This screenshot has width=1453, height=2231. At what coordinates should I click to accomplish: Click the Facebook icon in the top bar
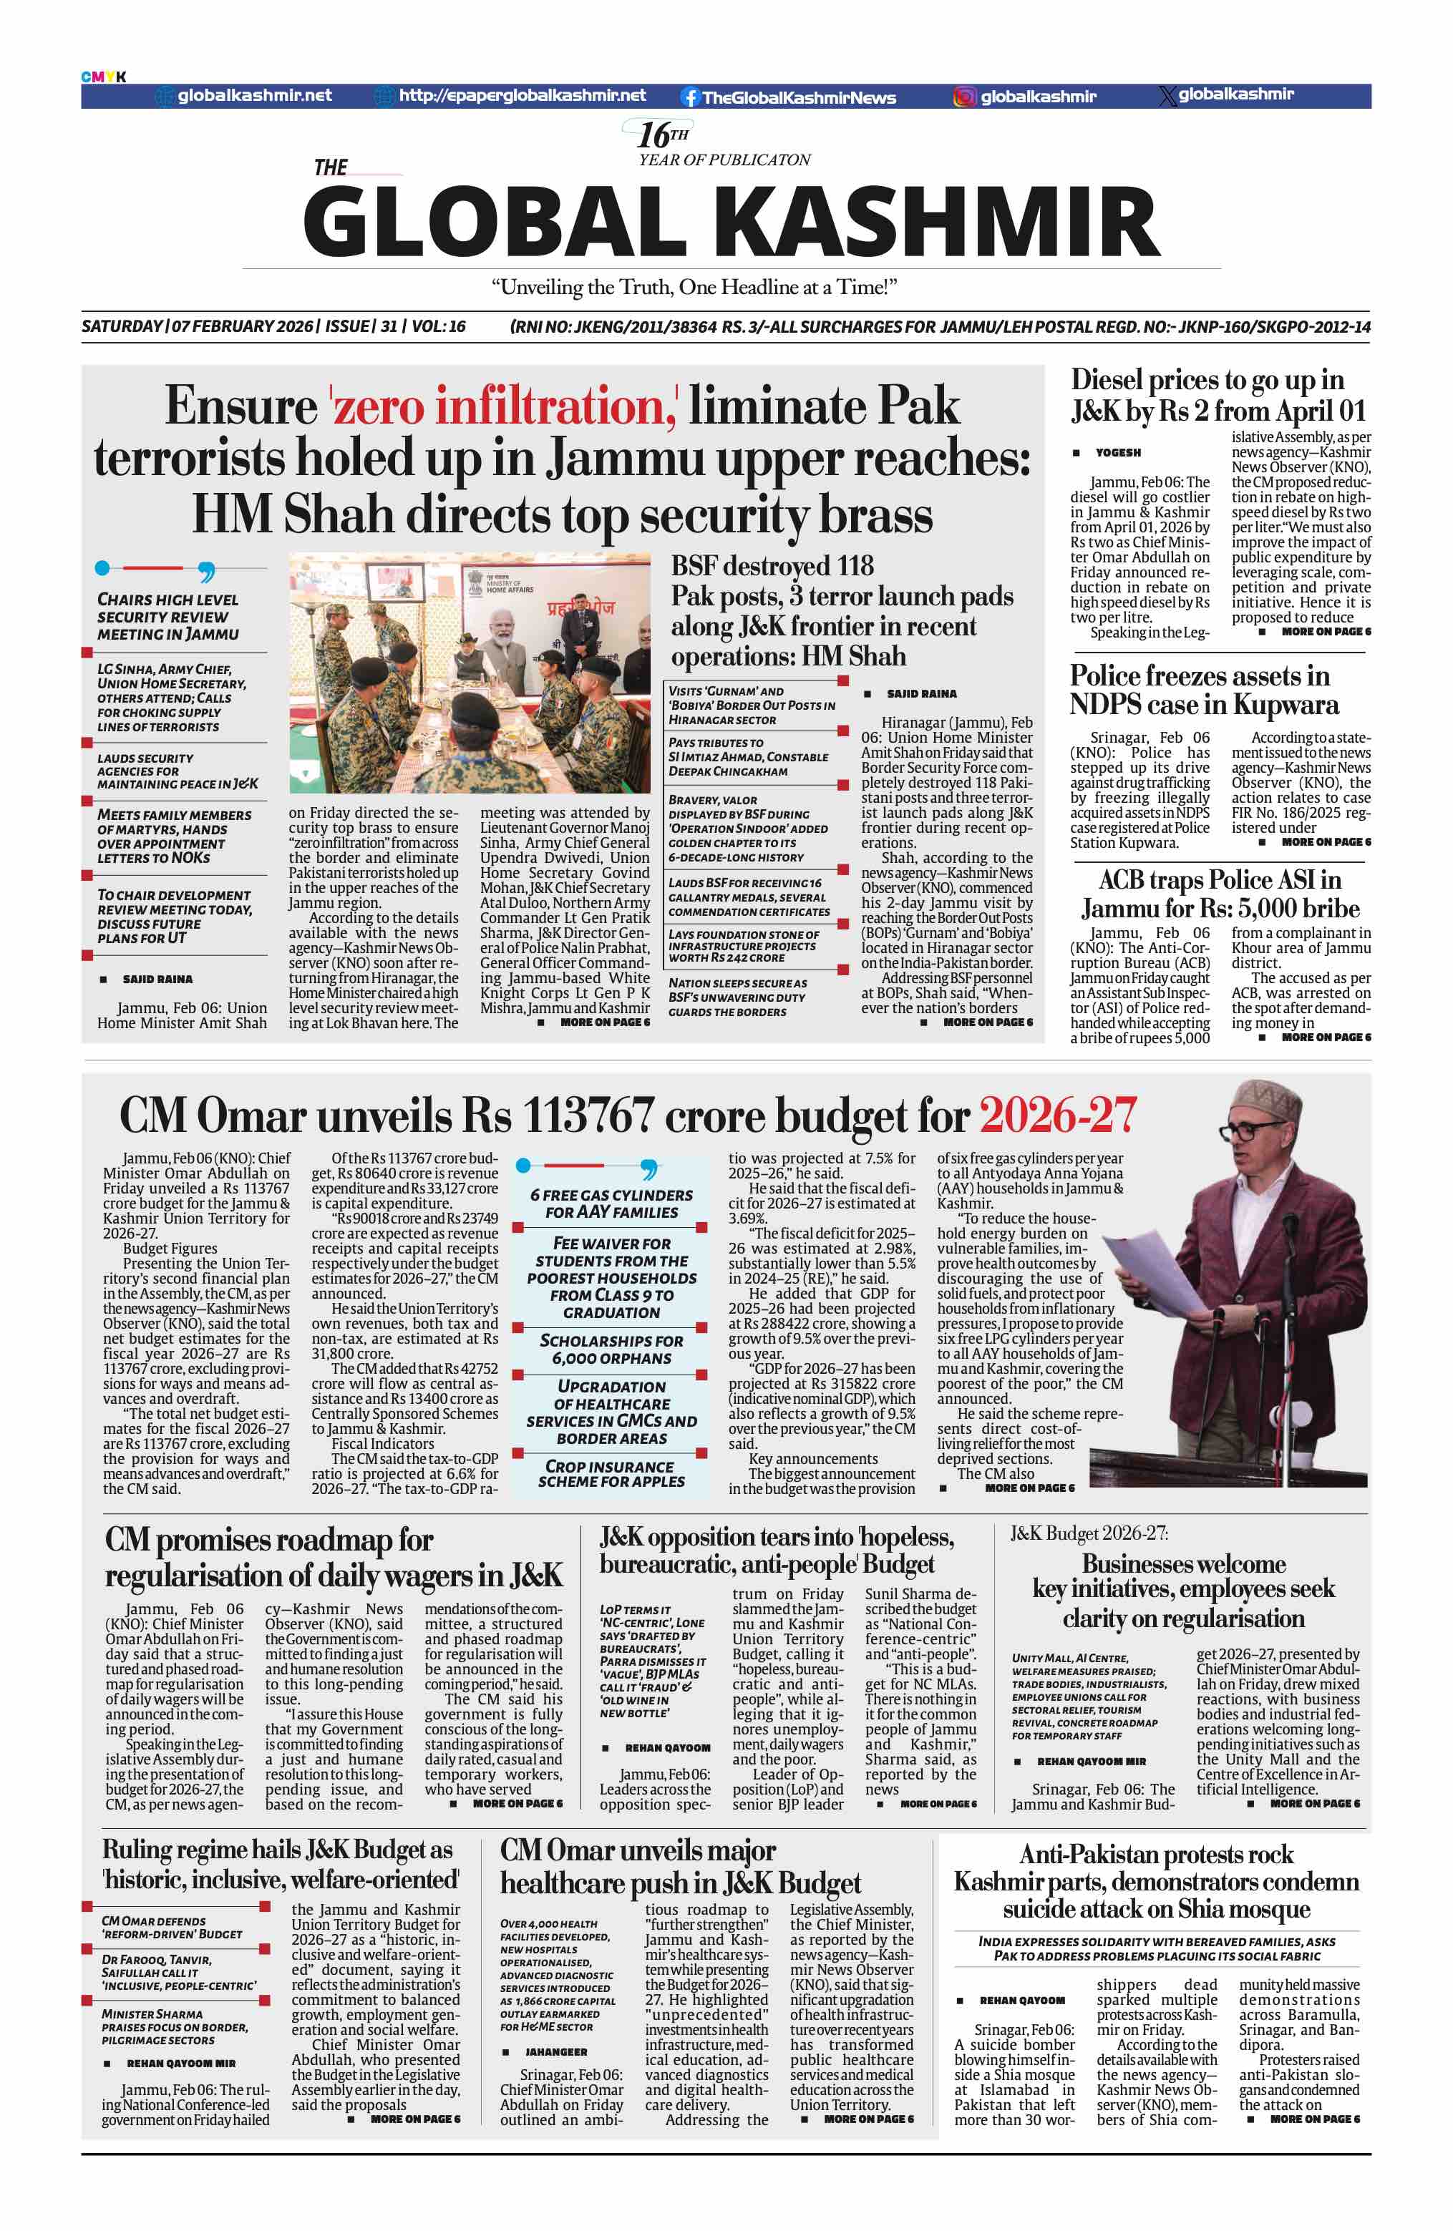[x=690, y=97]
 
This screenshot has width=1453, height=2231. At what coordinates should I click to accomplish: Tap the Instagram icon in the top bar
[x=965, y=97]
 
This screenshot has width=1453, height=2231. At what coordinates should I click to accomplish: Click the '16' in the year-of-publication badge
[x=653, y=135]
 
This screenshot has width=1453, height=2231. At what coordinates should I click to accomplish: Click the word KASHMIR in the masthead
[x=943, y=223]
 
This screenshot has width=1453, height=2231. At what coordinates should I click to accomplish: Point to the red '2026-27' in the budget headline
[x=1056, y=1115]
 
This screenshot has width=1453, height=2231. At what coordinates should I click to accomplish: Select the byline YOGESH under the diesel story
[x=1117, y=453]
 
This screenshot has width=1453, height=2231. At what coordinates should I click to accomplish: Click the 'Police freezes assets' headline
[x=1204, y=690]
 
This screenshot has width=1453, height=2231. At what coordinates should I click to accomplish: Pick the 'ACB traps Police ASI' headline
[x=1220, y=894]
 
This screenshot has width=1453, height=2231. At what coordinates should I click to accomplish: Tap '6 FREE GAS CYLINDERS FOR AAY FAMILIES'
[x=611, y=1204]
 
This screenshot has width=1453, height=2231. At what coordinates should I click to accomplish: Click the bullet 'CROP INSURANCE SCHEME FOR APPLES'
[x=611, y=1473]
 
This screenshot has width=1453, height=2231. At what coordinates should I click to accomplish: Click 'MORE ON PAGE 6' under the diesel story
[x=1325, y=632]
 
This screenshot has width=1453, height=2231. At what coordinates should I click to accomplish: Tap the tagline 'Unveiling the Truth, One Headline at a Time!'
[x=694, y=287]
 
